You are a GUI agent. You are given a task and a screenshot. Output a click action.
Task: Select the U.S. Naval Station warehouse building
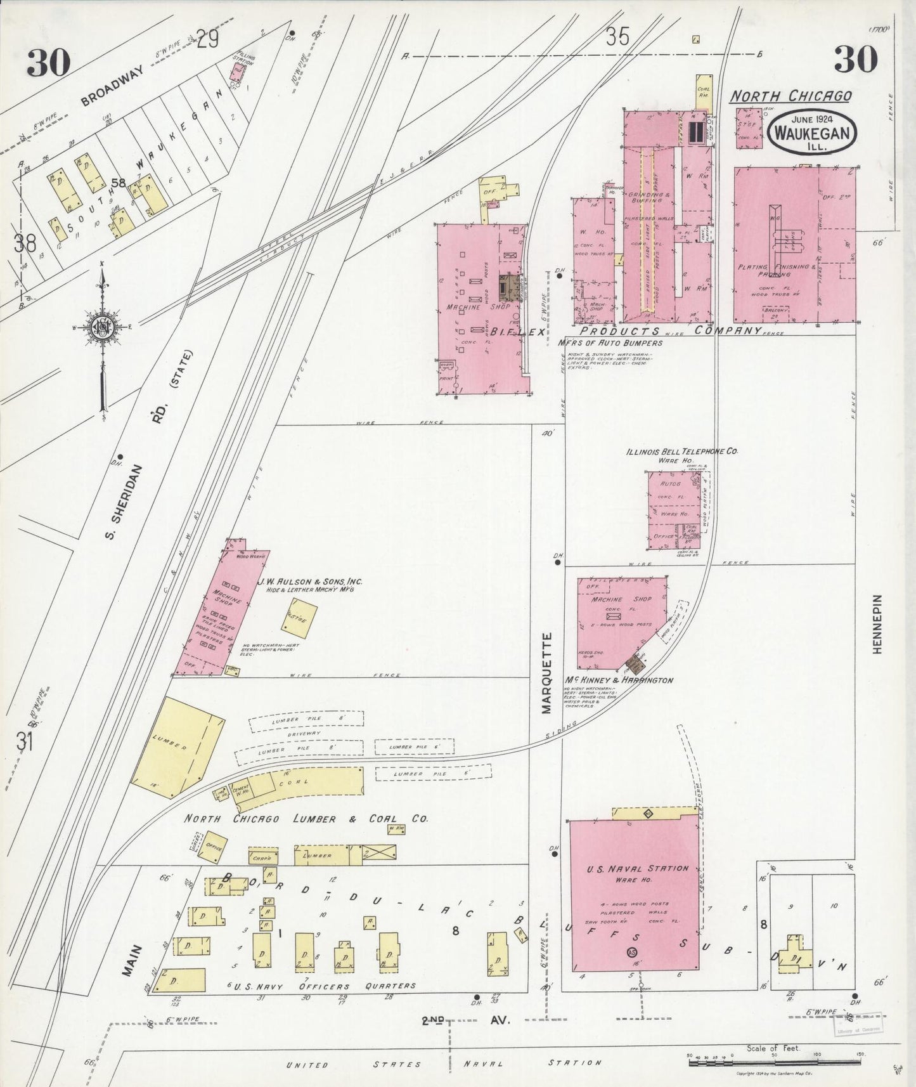[x=633, y=895]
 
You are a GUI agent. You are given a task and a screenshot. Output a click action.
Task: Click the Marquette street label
[x=547, y=673]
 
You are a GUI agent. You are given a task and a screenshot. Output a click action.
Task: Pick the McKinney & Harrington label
[x=619, y=680]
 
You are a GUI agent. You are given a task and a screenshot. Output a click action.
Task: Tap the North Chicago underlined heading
[x=790, y=96]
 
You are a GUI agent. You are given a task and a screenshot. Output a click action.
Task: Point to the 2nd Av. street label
[x=466, y=1020]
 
